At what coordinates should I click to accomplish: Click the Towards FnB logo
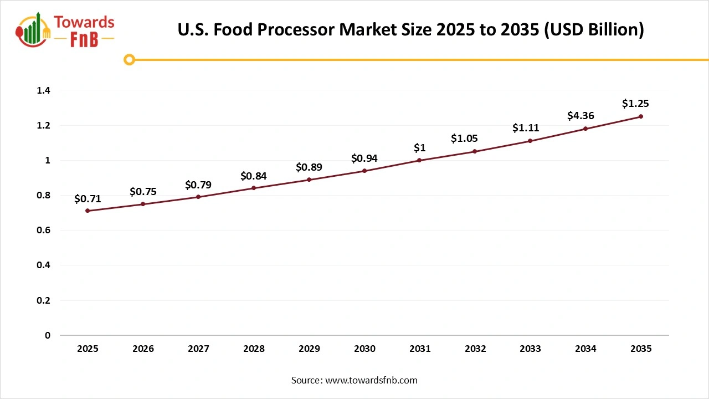point(65,29)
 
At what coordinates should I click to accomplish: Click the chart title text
point(410,29)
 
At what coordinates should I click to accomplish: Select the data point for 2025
point(88,211)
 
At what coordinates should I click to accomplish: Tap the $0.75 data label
point(143,192)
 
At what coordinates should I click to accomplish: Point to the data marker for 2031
point(419,160)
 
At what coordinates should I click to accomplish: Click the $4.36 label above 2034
point(580,116)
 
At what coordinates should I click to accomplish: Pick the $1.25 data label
point(635,104)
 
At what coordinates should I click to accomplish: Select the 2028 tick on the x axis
point(254,349)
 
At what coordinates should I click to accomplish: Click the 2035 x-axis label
point(641,349)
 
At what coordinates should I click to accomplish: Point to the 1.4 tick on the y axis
point(44,90)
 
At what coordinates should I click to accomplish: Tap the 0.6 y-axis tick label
point(44,230)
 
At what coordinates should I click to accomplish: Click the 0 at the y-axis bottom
point(48,335)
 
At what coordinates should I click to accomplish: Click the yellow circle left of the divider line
point(129,59)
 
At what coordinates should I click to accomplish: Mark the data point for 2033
point(530,141)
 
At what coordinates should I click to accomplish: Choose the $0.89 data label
point(309,167)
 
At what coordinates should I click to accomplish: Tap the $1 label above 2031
point(419,147)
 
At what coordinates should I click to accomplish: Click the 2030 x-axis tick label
point(364,349)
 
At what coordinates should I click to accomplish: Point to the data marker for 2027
point(198,197)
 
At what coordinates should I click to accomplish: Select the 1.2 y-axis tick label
point(44,125)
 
